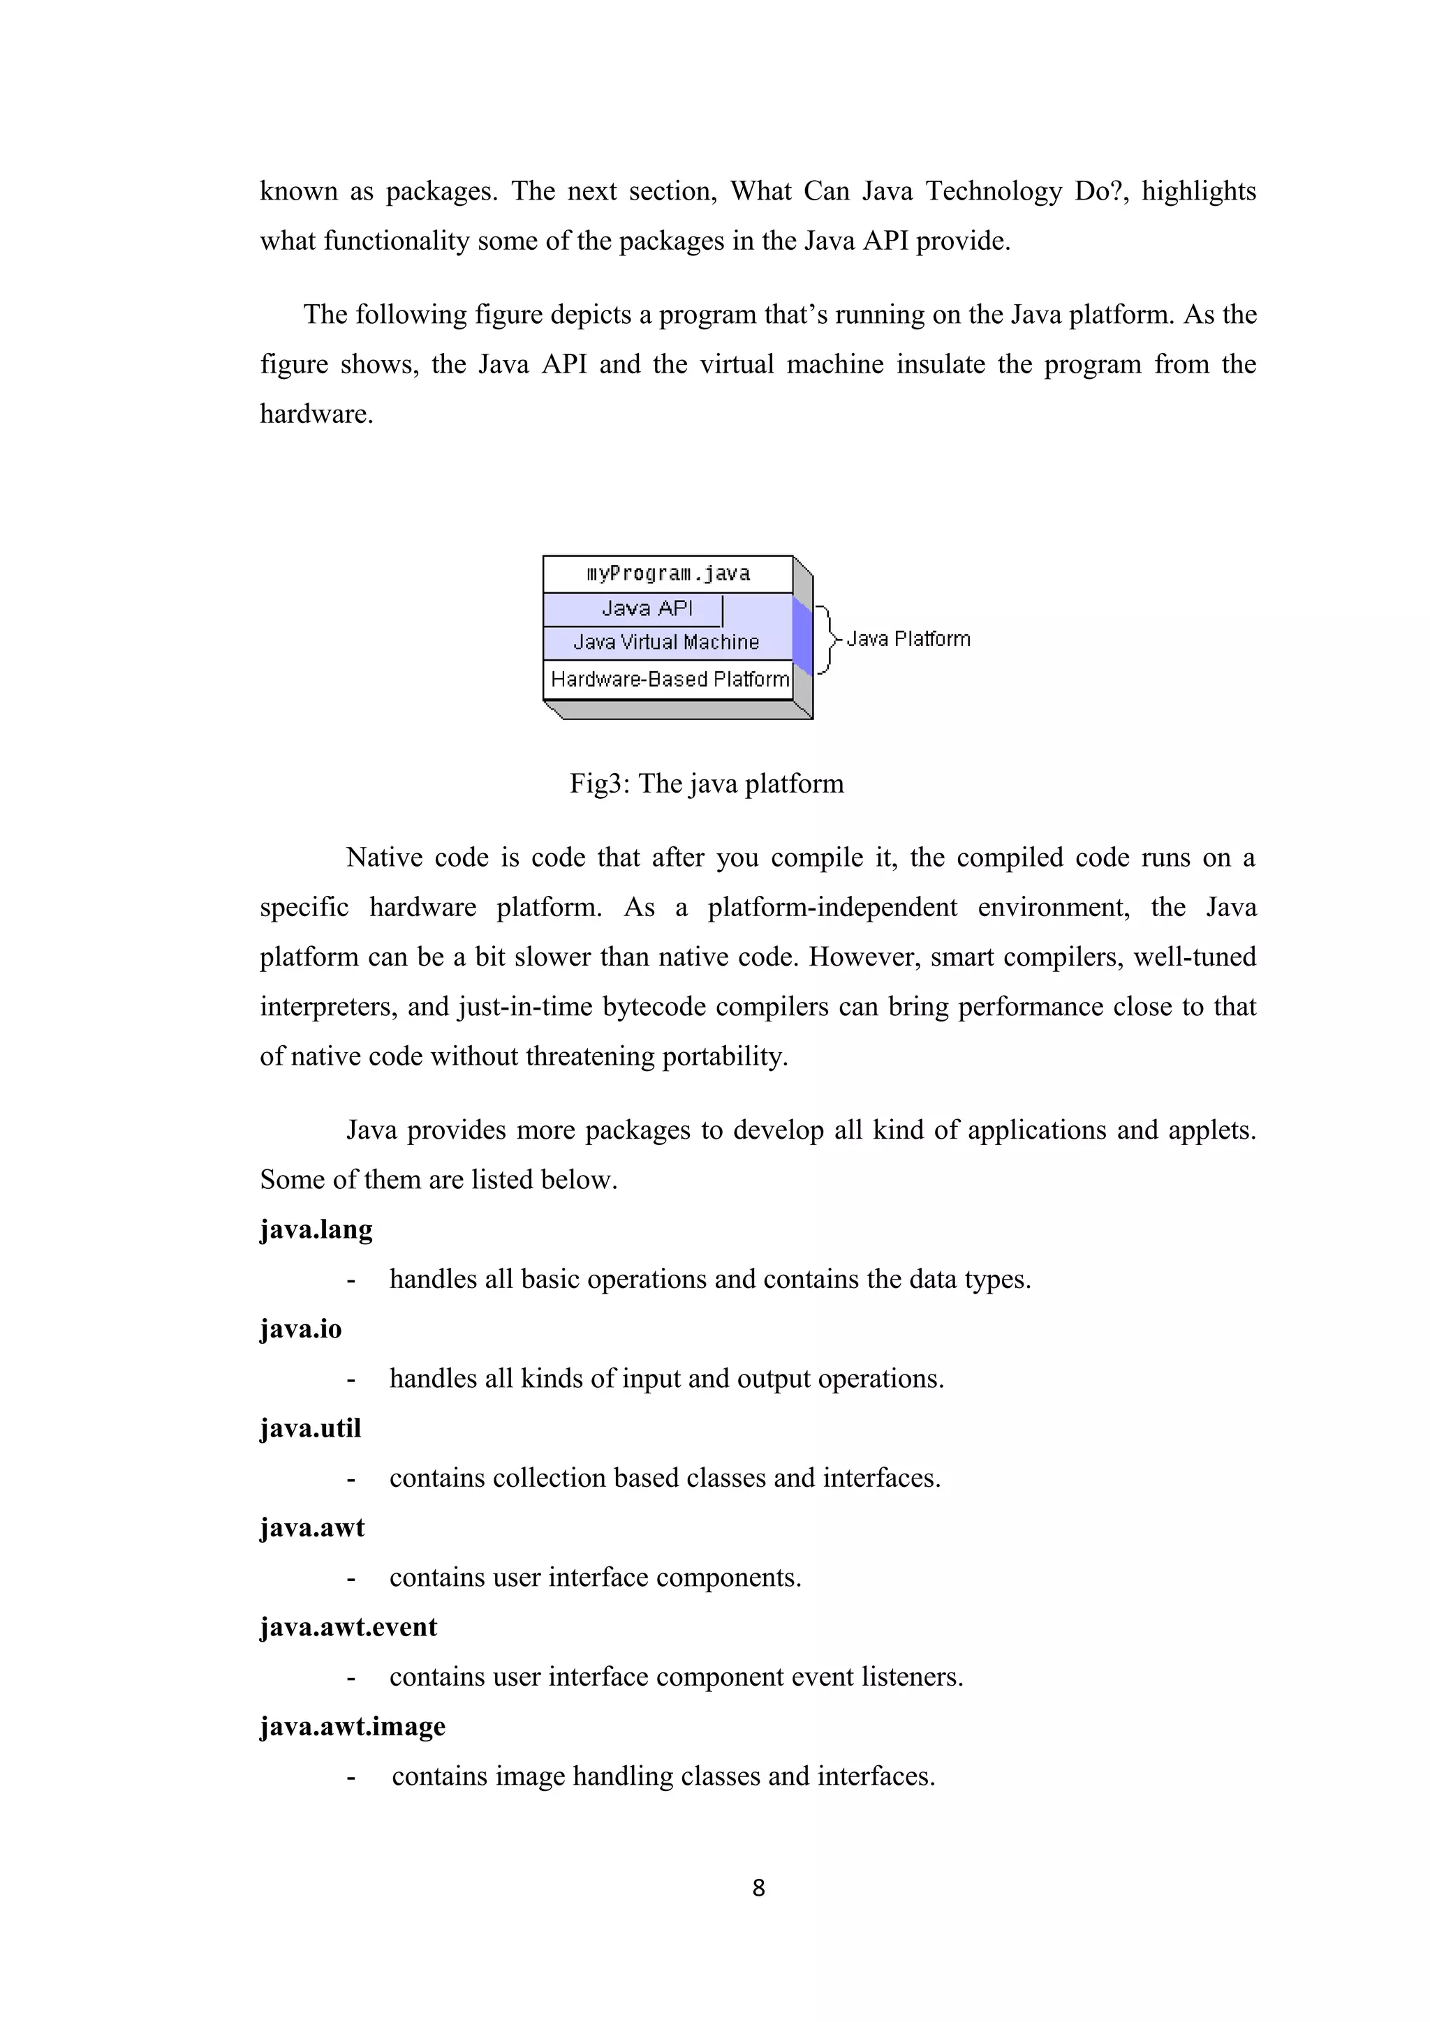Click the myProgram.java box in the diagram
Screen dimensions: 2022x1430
pos(667,574)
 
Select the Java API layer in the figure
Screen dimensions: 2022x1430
pos(647,608)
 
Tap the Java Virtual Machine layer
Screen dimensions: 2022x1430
pos(666,643)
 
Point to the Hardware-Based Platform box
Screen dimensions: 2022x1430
pos(669,679)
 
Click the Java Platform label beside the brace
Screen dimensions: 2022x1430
pos(908,639)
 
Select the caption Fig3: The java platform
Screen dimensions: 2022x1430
pos(707,783)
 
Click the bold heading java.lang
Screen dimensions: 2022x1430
pos(316,1229)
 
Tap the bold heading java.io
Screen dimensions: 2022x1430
pos(300,1329)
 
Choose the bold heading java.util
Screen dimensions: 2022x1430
pos(310,1428)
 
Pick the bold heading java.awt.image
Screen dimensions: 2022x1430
pos(353,1726)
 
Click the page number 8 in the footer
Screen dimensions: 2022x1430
pos(758,1887)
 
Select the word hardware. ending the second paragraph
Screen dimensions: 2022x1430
pos(316,414)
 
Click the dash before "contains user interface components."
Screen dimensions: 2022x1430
pos(351,1578)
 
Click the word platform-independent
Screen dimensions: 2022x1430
pos(832,907)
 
